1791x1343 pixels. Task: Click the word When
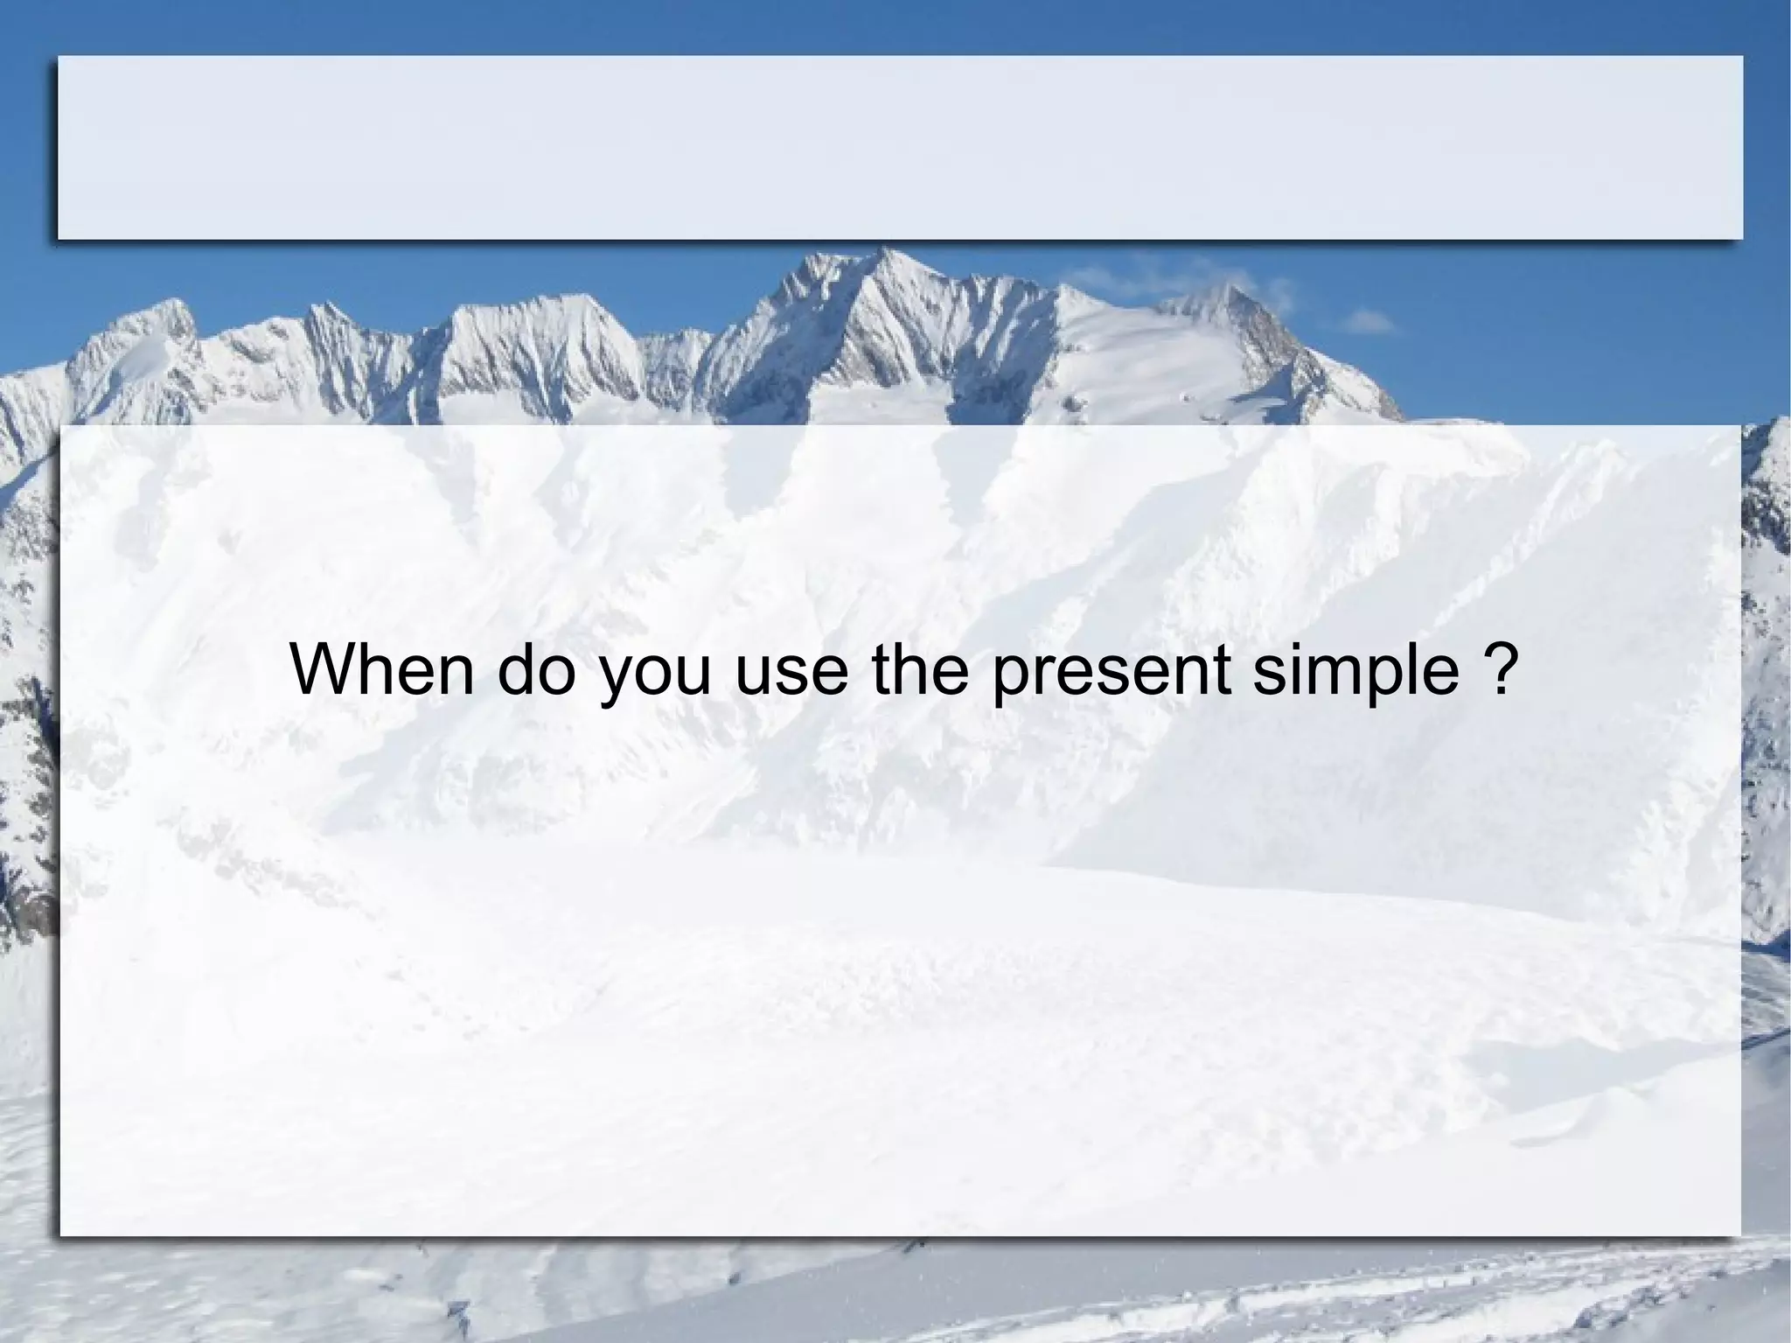[381, 669]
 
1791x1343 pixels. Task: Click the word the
[921, 669]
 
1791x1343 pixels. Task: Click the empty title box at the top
[900, 147]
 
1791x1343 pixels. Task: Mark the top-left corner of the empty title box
[59, 58]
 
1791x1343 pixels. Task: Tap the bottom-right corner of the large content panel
[1739, 1235]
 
